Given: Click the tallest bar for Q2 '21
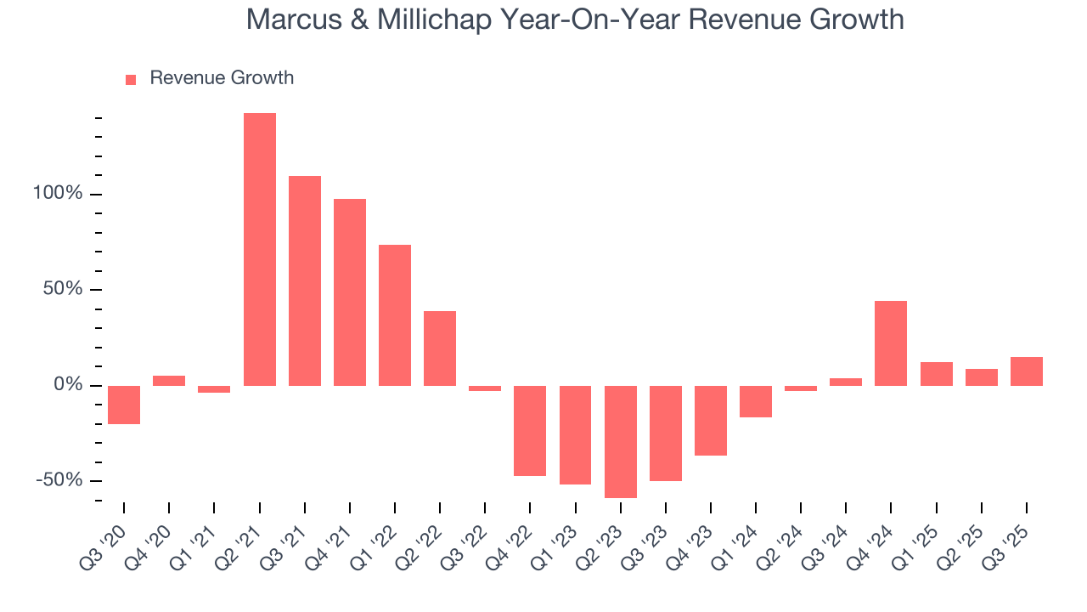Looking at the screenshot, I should [x=260, y=249].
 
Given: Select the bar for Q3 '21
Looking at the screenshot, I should [x=305, y=280].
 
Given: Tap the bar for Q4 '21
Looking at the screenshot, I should [x=350, y=292].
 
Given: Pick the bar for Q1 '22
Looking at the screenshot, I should [x=395, y=314].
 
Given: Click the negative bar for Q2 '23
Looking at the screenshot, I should [x=621, y=441].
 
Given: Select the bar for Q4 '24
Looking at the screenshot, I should [x=891, y=343].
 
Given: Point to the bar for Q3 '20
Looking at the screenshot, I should [x=124, y=405].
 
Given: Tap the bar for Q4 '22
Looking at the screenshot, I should [x=530, y=430].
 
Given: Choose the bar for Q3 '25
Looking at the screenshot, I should [x=1026, y=371].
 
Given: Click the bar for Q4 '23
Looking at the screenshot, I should [x=711, y=420].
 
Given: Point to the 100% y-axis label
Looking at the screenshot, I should [x=58, y=194].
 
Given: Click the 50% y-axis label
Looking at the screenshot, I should [x=63, y=289].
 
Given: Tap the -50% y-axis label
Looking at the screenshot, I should [x=59, y=480].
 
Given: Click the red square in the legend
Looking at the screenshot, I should [x=131, y=80].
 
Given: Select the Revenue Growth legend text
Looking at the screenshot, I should [x=222, y=78].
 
